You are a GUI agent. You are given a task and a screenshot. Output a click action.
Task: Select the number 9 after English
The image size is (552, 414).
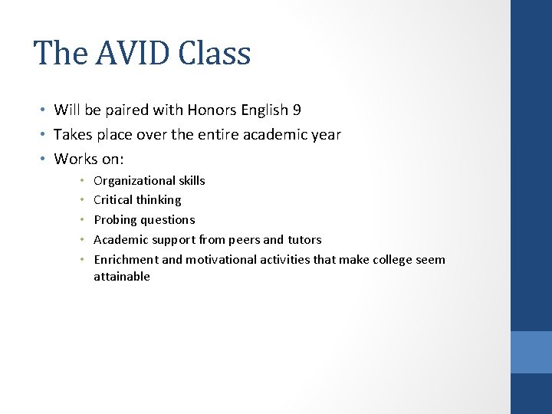coord(297,110)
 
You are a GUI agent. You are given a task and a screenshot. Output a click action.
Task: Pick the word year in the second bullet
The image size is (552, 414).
coord(325,135)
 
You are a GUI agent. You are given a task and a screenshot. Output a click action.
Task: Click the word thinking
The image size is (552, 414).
coord(159,200)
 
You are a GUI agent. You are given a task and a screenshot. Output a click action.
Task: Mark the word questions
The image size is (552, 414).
coord(168,220)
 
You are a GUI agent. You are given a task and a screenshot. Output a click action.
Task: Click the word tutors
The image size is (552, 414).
coord(304,240)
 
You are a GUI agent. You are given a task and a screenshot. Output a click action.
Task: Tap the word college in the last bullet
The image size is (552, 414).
coord(393,260)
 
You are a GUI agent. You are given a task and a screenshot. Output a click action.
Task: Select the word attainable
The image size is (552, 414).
coord(122,277)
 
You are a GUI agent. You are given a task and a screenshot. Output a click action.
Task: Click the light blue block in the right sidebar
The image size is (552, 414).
coord(531,351)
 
